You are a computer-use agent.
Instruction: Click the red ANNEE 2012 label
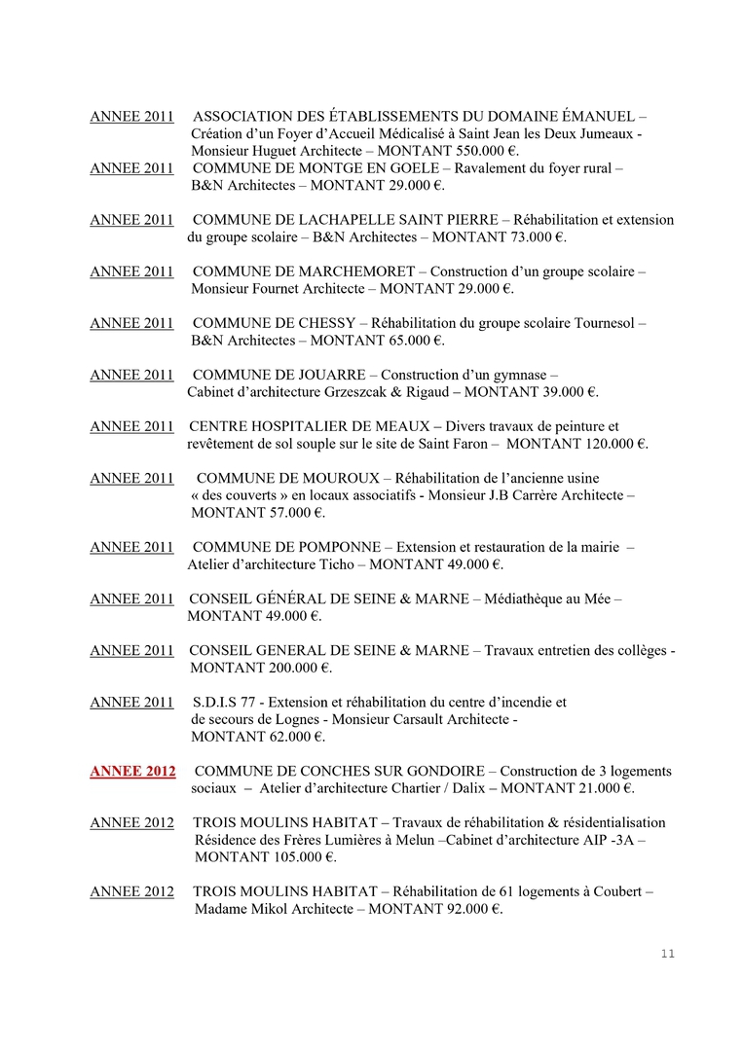coord(132,772)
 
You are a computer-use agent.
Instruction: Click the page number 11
coord(667,953)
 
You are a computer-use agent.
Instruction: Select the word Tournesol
coord(605,323)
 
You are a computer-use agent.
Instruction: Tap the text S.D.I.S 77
coord(228,702)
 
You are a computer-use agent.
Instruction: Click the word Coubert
coord(617,891)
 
